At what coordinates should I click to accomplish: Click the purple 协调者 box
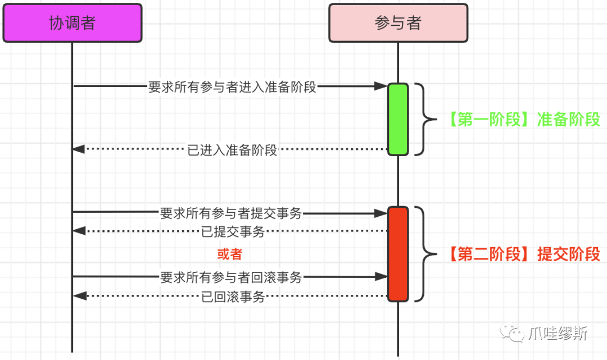(x=73, y=23)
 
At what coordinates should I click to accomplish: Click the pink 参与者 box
(x=398, y=23)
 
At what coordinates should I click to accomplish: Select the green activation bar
(x=398, y=119)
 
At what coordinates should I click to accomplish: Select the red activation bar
(x=398, y=254)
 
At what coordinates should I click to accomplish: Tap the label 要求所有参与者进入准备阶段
(x=232, y=86)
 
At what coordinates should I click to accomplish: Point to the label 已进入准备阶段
(x=232, y=149)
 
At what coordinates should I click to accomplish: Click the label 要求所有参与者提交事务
(x=231, y=213)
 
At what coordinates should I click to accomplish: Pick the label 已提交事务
(x=233, y=231)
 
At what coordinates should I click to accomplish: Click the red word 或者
(x=229, y=254)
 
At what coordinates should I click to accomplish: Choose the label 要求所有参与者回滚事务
(x=231, y=277)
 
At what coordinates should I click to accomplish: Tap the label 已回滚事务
(x=233, y=297)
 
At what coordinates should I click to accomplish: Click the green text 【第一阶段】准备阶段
(x=523, y=120)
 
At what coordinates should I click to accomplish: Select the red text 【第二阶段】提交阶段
(x=523, y=254)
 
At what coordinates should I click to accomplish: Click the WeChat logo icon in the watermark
(x=512, y=332)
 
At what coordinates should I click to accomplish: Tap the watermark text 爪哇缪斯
(x=558, y=333)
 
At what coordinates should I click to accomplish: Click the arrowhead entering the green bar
(x=381, y=86)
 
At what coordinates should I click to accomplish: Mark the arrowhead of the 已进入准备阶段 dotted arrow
(x=78, y=149)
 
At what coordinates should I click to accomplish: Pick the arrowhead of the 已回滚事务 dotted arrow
(x=79, y=296)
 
